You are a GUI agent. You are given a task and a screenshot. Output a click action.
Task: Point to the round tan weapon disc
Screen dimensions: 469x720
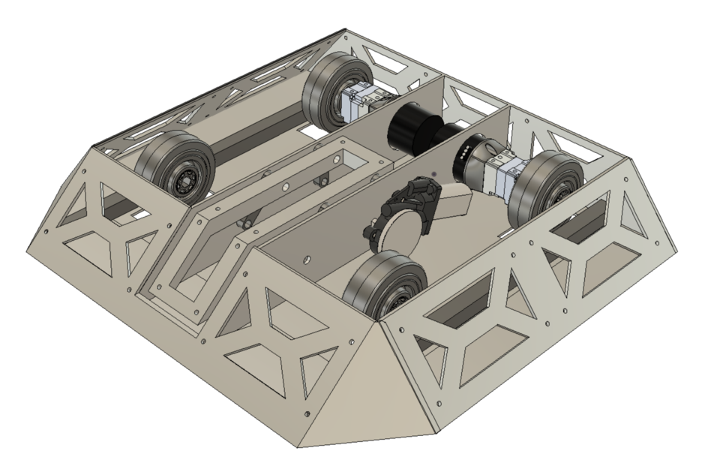[400, 233]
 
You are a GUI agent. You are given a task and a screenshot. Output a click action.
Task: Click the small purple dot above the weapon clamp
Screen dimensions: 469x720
[433, 173]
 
